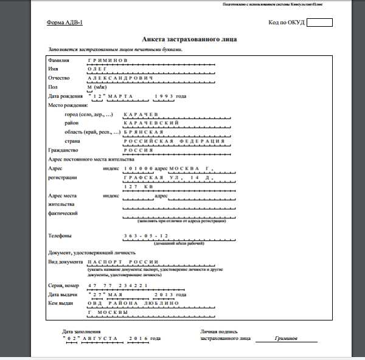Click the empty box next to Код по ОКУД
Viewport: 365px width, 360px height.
(x=319, y=22)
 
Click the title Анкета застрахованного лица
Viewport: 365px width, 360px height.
(x=189, y=39)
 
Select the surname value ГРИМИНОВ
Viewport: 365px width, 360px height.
(x=107, y=61)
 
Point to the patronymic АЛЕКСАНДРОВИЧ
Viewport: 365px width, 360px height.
(x=119, y=78)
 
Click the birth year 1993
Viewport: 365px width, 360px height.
(x=164, y=96)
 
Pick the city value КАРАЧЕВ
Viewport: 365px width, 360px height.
(x=141, y=114)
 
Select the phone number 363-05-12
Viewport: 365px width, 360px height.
(x=145, y=235)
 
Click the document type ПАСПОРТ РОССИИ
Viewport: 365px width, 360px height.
(x=123, y=261)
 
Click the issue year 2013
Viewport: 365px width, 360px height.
(x=164, y=294)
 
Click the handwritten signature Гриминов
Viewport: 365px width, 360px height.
(x=286, y=338)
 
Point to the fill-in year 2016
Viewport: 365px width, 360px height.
(x=138, y=338)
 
